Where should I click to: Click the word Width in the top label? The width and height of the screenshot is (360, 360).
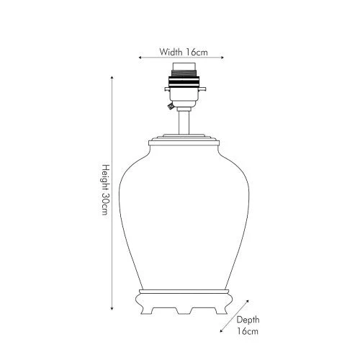171,52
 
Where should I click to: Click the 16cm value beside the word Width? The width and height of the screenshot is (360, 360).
197,52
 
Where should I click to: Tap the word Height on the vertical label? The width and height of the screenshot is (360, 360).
106,178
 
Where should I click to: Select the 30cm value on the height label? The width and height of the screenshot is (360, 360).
106,204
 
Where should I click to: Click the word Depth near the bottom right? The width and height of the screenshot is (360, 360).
248,320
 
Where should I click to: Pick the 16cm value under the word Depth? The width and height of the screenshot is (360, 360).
248,331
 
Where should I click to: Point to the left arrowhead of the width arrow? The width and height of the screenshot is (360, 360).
140,58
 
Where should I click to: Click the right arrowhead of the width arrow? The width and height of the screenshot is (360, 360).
222,58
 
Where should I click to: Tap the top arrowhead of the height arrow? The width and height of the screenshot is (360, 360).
112,77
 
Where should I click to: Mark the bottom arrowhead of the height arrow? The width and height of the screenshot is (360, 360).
112,308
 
